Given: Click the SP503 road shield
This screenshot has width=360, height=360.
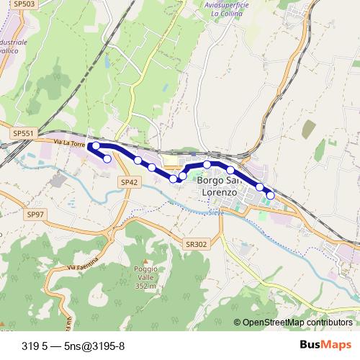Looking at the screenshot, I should pyautogui.click(x=25, y=4).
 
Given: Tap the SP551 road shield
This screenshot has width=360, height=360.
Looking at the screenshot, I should pyautogui.click(x=23, y=133).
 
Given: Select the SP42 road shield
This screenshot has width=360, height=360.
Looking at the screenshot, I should pyautogui.click(x=129, y=183).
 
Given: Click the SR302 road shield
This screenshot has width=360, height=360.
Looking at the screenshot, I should pyautogui.click(x=194, y=244).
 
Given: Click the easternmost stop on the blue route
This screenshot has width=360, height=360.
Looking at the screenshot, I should pyautogui.click(x=271, y=195).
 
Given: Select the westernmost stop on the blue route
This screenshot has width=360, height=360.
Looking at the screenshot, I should pyautogui.click(x=95, y=146).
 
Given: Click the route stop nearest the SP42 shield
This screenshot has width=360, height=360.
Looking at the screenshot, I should pyautogui.click(x=137, y=160).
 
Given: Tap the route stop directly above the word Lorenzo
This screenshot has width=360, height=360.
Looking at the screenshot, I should pyautogui.click(x=207, y=165).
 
